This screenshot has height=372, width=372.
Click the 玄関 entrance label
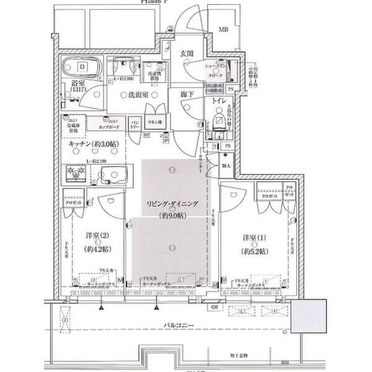pos(188,53)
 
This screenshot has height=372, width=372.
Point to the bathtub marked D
pos(83,65)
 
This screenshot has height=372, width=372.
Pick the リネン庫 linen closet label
pos(154,122)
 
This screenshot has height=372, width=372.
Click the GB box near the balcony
pos(213,307)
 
